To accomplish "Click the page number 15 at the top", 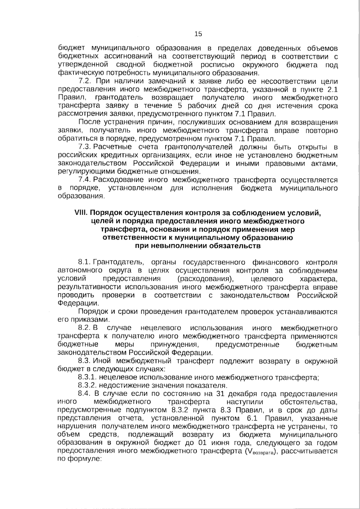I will [x=198, y=34].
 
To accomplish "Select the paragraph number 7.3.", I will [x=85, y=147].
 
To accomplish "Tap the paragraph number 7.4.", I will [x=85, y=180].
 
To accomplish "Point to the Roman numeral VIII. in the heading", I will [x=81, y=213].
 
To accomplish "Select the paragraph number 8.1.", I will [x=85, y=263].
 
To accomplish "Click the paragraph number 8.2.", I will [x=85, y=328].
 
